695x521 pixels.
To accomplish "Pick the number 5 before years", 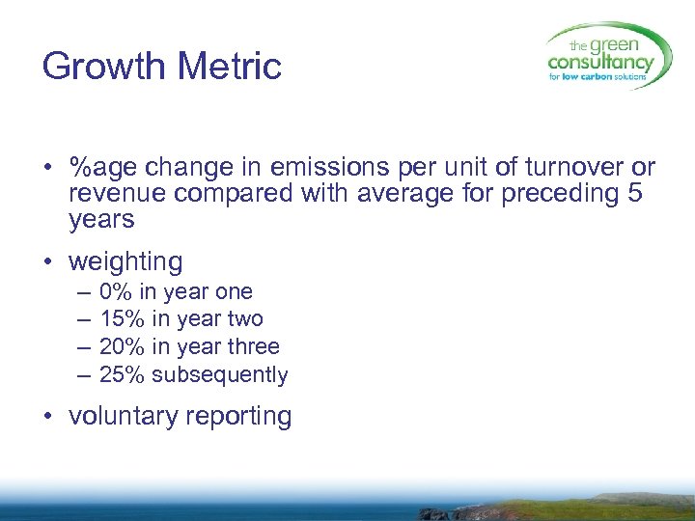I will tap(633, 193).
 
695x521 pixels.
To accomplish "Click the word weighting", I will tap(125, 261).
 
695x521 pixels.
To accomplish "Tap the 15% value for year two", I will tap(123, 319).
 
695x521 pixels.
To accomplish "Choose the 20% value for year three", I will tap(123, 346).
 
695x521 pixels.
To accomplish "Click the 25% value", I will tap(123, 374).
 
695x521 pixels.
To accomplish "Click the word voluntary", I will tap(124, 416).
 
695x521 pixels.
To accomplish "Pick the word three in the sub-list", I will tap(253, 346).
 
